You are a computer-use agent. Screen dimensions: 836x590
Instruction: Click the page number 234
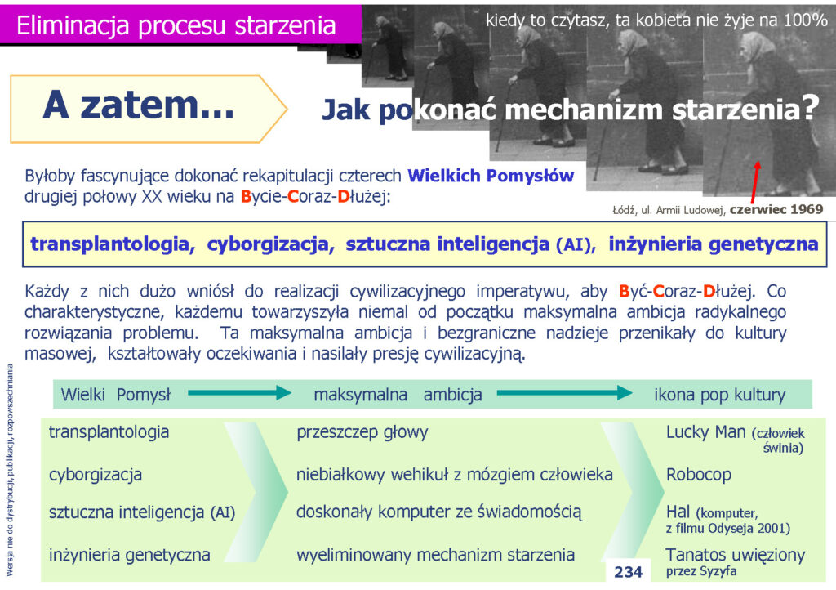tap(628, 572)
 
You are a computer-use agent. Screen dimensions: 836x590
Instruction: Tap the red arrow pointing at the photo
tap(755, 182)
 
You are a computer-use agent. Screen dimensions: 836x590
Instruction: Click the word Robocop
tap(699, 474)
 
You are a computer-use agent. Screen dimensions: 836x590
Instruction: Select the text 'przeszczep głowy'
tap(362, 432)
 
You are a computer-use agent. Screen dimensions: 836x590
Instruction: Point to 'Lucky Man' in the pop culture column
tap(706, 431)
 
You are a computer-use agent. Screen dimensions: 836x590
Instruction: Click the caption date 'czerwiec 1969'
tap(776, 209)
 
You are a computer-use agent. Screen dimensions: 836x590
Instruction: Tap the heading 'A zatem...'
tap(139, 105)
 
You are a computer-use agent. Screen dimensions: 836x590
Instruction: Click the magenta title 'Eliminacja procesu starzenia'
tap(176, 25)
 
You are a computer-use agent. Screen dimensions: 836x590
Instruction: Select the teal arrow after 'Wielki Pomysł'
tap(239, 393)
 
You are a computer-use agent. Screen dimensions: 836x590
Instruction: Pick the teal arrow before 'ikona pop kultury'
tap(564, 393)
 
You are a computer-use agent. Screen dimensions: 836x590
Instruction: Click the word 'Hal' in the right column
tap(678, 512)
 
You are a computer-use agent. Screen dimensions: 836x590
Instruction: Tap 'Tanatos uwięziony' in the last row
tap(736, 555)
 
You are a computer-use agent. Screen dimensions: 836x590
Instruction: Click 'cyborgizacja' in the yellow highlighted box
tap(270, 244)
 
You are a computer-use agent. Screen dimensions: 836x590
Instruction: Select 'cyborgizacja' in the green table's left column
tap(96, 475)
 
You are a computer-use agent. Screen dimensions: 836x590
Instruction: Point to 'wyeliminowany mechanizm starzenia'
tap(436, 555)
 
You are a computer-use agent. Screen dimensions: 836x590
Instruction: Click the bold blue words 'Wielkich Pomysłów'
tap(491, 176)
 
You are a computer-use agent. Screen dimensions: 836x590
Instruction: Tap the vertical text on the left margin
tap(9, 470)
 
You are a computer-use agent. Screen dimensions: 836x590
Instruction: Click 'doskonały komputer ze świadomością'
tap(438, 512)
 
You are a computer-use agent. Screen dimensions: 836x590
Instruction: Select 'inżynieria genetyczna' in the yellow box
tap(714, 244)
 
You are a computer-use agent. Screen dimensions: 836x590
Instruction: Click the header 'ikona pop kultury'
tap(720, 395)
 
